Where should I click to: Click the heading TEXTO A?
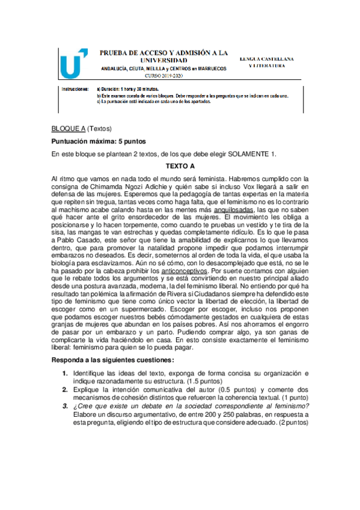pos(180,165)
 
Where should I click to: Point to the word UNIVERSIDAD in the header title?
pos(163,61)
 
